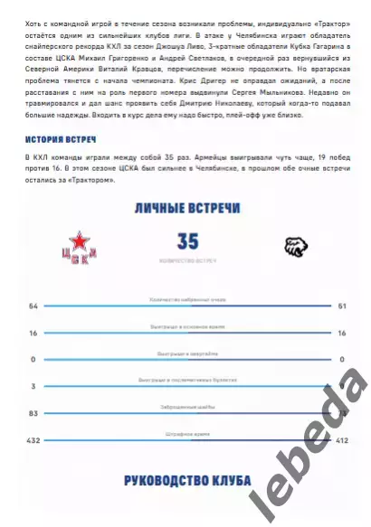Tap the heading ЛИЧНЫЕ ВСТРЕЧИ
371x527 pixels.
[x=186, y=209]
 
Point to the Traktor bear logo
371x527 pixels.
[x=295, y=246]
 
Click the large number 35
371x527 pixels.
[x=188, y=242]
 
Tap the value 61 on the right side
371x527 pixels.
[x=342, y=306]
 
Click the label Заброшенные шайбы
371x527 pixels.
[x=187, y=406]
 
